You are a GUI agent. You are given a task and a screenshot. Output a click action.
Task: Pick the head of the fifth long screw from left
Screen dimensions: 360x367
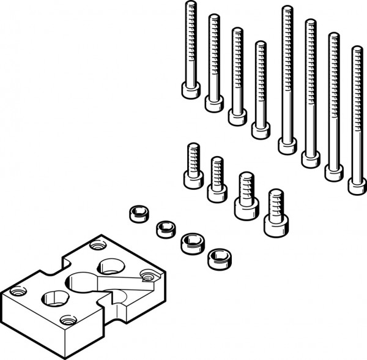(x=287, y=146)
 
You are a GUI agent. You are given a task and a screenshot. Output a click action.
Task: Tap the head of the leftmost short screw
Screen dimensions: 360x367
(x=192, y=179)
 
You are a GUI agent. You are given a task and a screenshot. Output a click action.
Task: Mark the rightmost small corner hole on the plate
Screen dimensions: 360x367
(x=146, y=274)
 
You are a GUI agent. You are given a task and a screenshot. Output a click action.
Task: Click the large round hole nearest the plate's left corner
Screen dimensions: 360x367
(x=51, y=300)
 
